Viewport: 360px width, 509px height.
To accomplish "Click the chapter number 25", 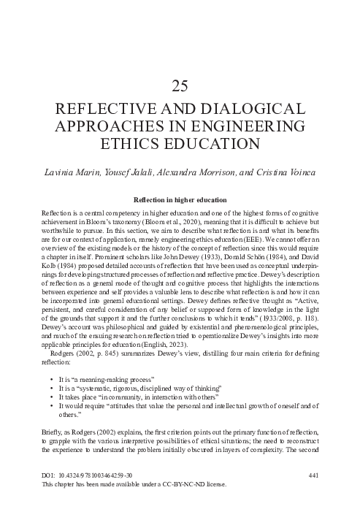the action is coord(180,86).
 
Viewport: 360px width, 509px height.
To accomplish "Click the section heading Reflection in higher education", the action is coord(180,199).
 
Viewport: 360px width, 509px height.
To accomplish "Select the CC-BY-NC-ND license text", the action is coord(171,484).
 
